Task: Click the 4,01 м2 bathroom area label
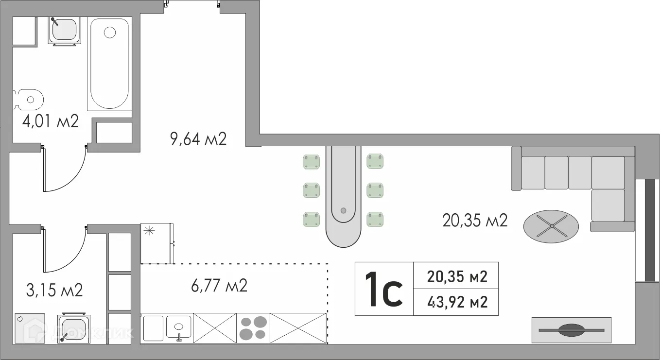click(x=51, y=121)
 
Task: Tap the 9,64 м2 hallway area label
click(x=198, y=139)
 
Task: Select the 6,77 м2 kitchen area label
click(x=219, y=286)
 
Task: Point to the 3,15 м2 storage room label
click(x=54, y=290)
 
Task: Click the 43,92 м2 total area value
click(x=457, y=302)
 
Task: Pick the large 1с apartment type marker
click(x=383, y=289)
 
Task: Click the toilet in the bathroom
click(x=28, y=100)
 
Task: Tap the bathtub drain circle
click(x=110, y=33)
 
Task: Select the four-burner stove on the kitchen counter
click(x=253, y=328)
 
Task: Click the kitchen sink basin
click(x=178, y=326)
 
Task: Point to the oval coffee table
click(x=551, y=226)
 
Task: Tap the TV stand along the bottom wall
click(x=572, y=330)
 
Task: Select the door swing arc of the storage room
click(x=75, y=259)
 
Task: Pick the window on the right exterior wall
click(x=648, y=229)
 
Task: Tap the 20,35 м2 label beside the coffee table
click(x=475, y=221)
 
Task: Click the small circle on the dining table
click(x=343, y=211)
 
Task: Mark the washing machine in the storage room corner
click(x=30, y=328)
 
